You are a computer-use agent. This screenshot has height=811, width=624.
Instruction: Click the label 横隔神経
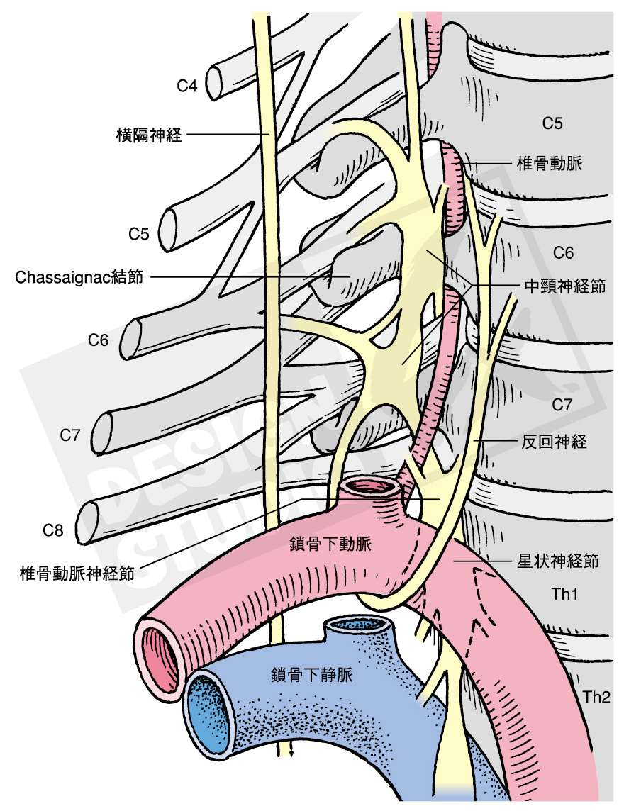pyautogui.click(x=149, y=135)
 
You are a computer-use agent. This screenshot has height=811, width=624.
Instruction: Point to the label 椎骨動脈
pyautogui.click(x=550, y=164)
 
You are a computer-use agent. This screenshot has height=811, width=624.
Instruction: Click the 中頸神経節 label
pyautogui.click(x=564, y=286)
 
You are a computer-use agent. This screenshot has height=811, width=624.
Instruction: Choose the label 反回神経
pyautogui.click(x=554, y=442)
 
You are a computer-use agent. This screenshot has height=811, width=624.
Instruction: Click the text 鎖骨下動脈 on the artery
pyautogui.click(x=330, y=544)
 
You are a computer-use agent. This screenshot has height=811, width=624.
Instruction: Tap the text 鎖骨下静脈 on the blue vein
pyautogui.click(x=311, y=675)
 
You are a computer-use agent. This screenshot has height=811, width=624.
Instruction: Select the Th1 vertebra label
pyautogui.click(x=564, y=594)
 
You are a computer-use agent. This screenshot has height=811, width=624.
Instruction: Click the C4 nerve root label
pyautogui.click(x=187, y=86)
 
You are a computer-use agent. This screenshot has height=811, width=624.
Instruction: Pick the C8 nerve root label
pyautogui.click(x=54, y=530)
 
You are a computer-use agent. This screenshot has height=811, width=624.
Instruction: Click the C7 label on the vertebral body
pyautogui.click(x=562, y=405)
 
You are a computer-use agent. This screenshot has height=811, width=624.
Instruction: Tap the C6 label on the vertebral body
pyautogui.click(x=563, y=253)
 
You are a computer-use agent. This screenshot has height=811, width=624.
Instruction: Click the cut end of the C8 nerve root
pyautogui.click(x=89, y=522)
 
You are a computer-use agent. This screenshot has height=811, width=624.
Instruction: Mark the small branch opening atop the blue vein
pyautogui.click(x=362, y=625)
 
